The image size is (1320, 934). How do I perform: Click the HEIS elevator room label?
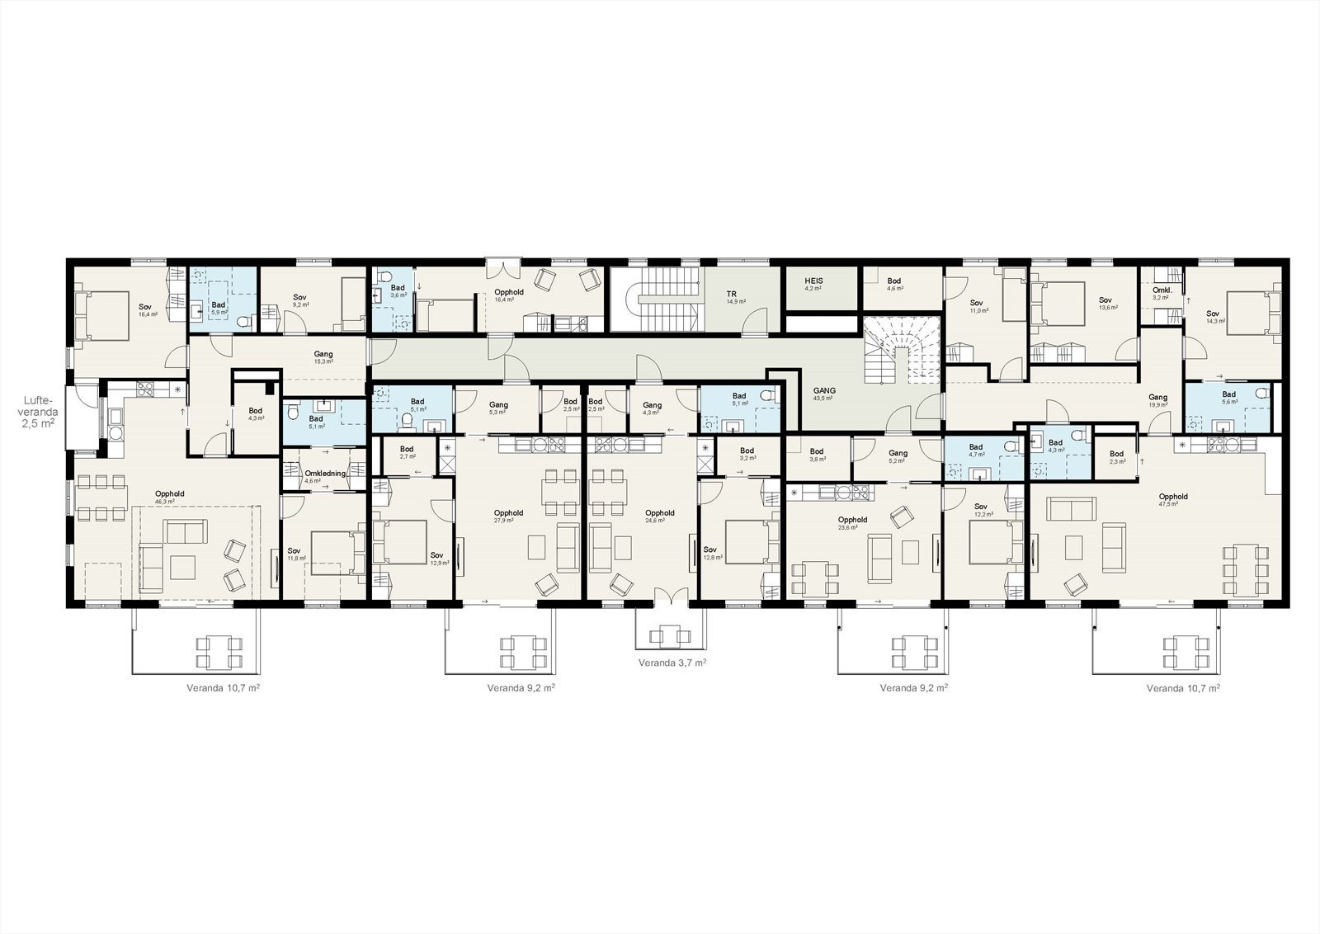(813, 285)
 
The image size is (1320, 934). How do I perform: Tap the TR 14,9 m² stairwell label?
(731, 297)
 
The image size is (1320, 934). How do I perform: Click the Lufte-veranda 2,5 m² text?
(38, 410)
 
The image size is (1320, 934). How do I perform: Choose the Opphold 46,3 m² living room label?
(169, 497)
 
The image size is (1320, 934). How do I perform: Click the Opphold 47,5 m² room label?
(1172, 500)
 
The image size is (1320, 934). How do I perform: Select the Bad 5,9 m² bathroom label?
(219, 309)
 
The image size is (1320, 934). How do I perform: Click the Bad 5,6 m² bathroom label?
(1229, 398)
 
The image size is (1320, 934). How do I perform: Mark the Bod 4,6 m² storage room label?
(894, 284)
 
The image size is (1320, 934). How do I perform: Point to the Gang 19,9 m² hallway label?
(1157, 401)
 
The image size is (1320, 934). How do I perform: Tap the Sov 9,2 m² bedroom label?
(300, 301)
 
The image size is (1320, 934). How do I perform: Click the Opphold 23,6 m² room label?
(852, 523)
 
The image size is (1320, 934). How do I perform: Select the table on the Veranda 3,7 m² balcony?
(670, 634)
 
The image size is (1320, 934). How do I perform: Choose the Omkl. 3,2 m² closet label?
(1161, 293)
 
